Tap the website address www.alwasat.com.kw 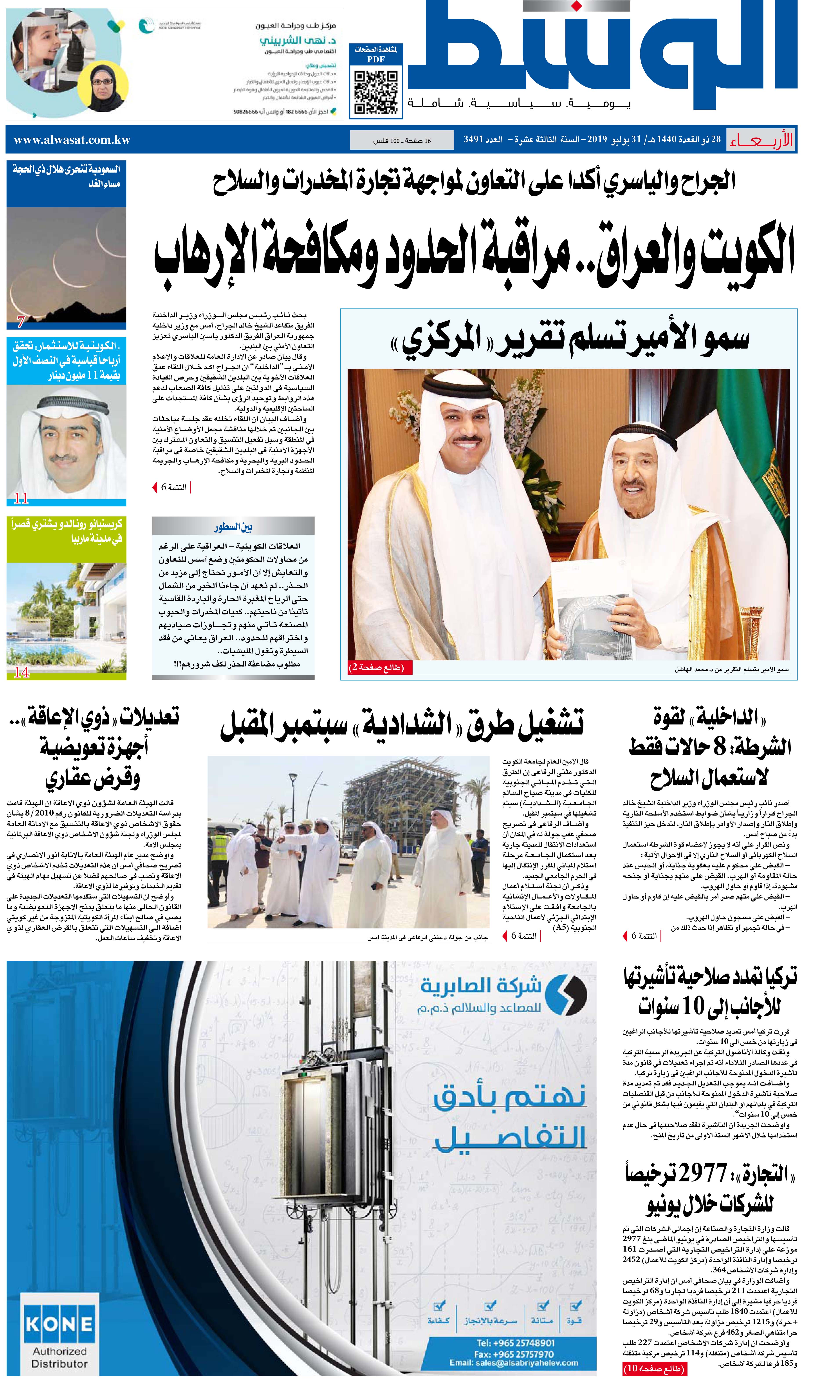pos(72,140)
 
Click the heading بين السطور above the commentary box pos(233,527)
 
